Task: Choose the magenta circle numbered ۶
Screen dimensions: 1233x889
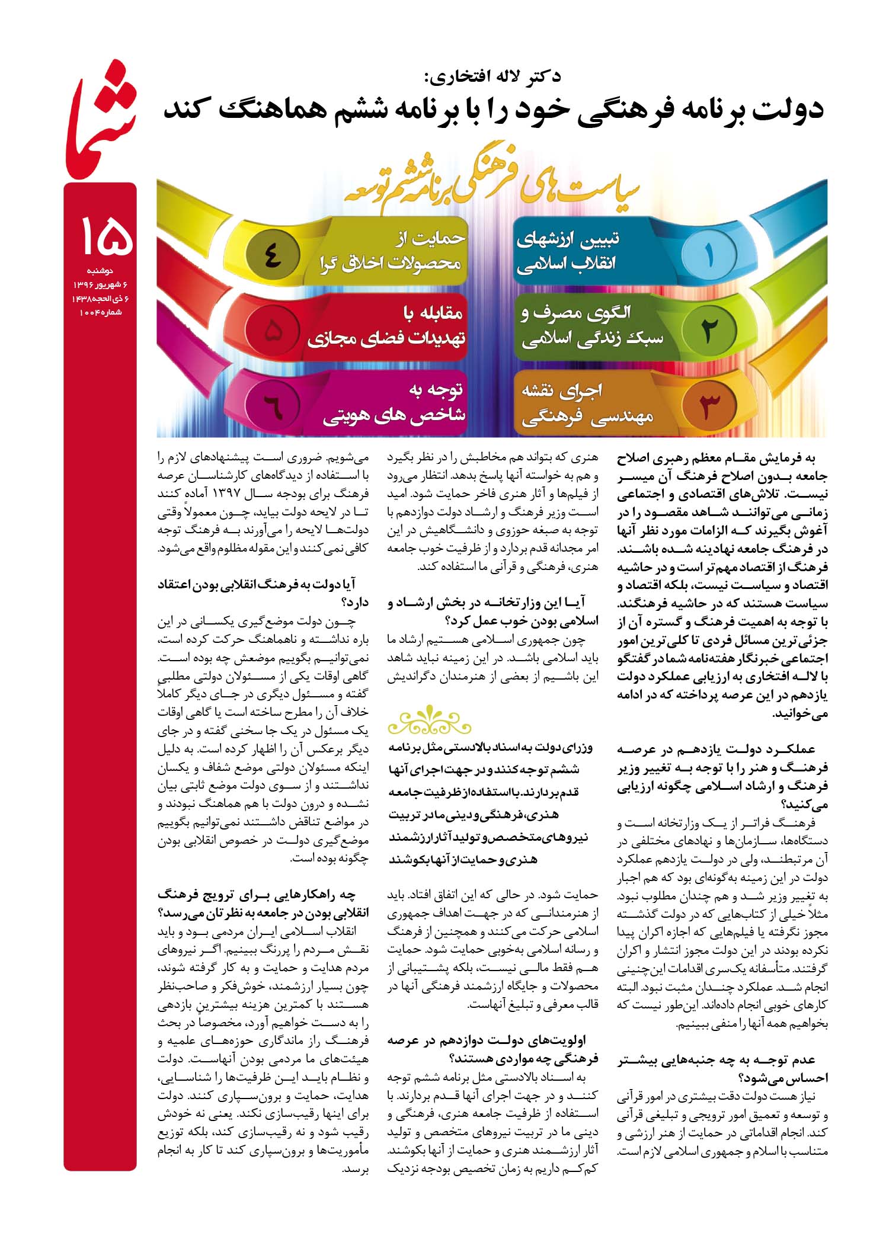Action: coord(271,405)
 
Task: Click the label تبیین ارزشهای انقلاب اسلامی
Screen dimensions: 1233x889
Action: coord(568,252)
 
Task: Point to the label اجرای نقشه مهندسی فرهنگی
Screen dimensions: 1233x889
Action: coord(587,404)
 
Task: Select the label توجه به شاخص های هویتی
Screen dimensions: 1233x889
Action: coord(394,403)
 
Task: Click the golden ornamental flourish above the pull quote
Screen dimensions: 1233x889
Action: coord(429,720)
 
